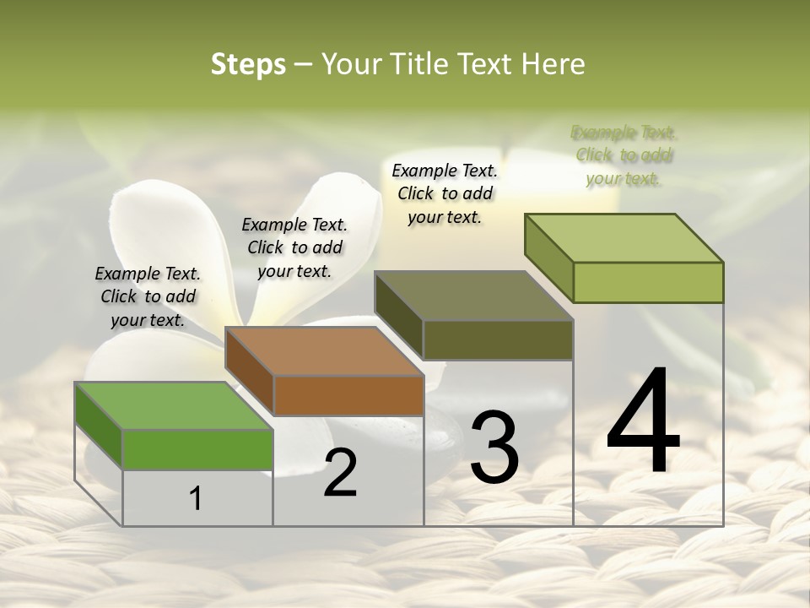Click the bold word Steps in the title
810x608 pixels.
tap(248, 64)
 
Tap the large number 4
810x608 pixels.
tap(644, 421)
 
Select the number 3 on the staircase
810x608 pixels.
tap(494, 448)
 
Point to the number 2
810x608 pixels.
tap(340, 473)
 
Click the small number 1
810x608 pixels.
tap(196, 498)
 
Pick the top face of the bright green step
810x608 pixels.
tap(174, 406)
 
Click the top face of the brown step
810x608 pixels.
tap(324, 351)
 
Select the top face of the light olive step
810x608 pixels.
tap(624, 238)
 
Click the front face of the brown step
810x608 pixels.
tap(348, 395)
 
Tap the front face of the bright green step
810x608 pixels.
tap(197, 449)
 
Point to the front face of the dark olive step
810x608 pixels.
tap(498, 340)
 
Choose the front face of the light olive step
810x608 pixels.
tap(648, 282)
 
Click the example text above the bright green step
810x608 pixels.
tap(148, 296)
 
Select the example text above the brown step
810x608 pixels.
tap(294, 247)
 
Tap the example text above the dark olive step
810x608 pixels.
tap(445, 193)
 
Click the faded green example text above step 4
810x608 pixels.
tap(624, 155)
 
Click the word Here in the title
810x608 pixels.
tap(556, 64)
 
